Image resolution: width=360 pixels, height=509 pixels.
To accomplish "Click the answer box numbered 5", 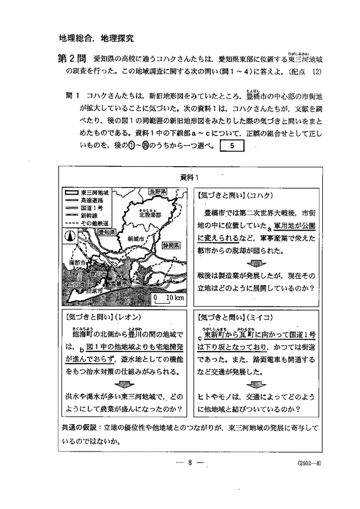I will pos(232,147).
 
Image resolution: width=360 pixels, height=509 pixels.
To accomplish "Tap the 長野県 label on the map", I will pos(157,191).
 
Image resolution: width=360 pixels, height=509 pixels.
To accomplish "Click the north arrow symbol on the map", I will pos(70,236).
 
